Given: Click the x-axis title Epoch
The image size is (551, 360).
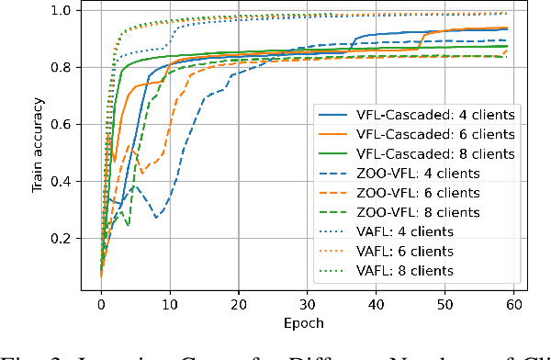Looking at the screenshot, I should pos(307,324).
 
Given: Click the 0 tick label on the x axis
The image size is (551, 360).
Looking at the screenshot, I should pos(102,304).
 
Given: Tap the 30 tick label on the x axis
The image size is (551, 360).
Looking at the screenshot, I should pos(307,304).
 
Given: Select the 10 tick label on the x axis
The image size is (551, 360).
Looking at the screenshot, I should pos(170,304).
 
